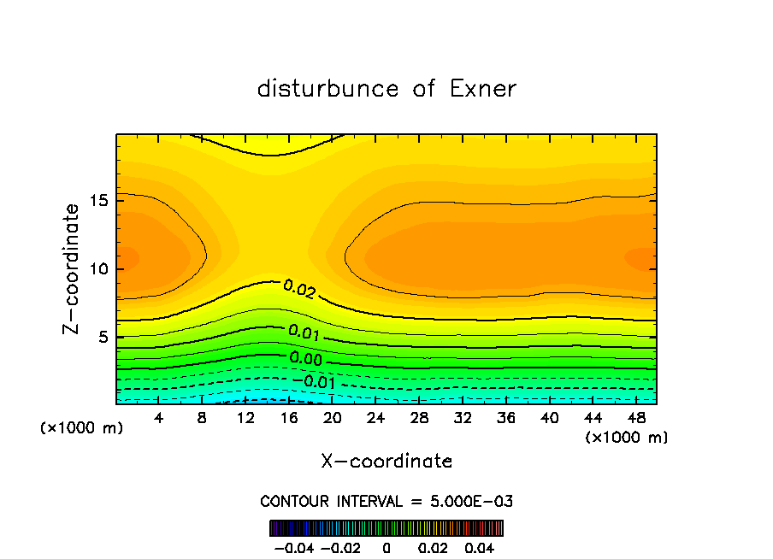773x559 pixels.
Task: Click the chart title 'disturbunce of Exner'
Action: pyautogui.click(x=386, y=89)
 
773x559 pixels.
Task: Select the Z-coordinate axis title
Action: pyautogui.click(x=73, y=268)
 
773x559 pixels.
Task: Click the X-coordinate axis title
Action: pyautogui.click(x=386, y=461)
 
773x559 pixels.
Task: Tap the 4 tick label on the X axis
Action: pyautogui.click(x=159, y=418)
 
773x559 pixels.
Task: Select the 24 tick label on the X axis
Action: pyautogui.click(x=375, y=418)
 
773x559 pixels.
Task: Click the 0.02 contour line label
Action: pyautogui.click(x=299, y=291)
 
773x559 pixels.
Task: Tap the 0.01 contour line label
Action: pyautogui.click(x=304, y=331)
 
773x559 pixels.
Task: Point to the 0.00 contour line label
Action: pyautogui.click(x=305, y=358)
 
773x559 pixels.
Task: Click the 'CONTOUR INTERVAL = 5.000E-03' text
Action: pyautogui.click(x=386, y=501)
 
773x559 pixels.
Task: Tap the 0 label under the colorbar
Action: pyautogui.click(x=386, y=547)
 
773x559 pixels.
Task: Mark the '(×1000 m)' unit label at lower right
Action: pyautogui.click(x=627, y=438)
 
